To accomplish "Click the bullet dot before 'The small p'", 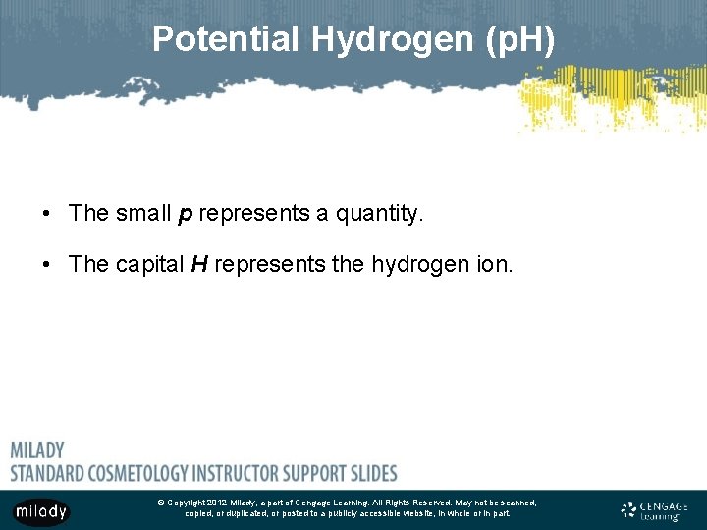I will pyautogui.click(x=46, y=214).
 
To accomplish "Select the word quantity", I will pyautogui.click(x=376, y=214).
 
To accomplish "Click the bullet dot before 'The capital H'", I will pyautogui.click(x=46, y=265).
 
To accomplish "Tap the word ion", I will pyautogui.click(x=493, y=265).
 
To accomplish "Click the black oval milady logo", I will pyautogui.click(x=40, y=511).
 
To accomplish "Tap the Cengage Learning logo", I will pyautogui.click(x=655, y=510).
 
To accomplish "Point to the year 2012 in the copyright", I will pyautogui.click(x=218, y=503).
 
